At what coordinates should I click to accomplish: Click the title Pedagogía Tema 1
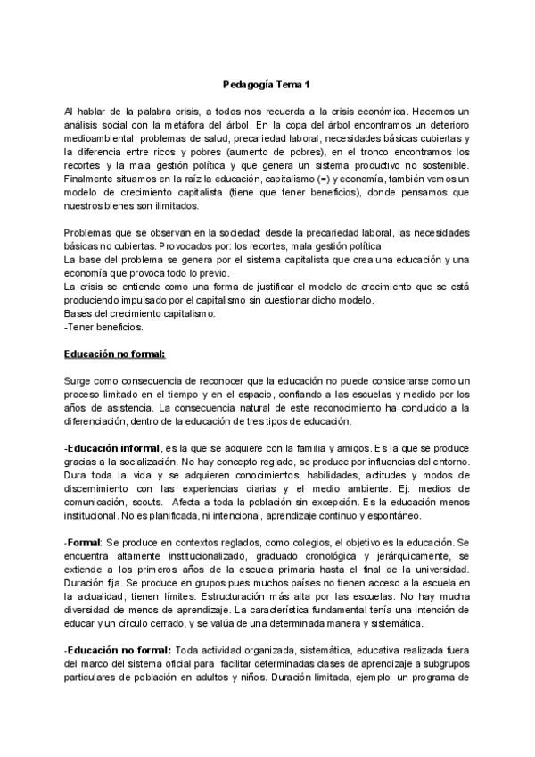(x=267, y=86)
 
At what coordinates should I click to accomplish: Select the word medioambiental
(x=101, y=139)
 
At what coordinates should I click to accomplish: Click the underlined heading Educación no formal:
(x=115, y=354)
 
